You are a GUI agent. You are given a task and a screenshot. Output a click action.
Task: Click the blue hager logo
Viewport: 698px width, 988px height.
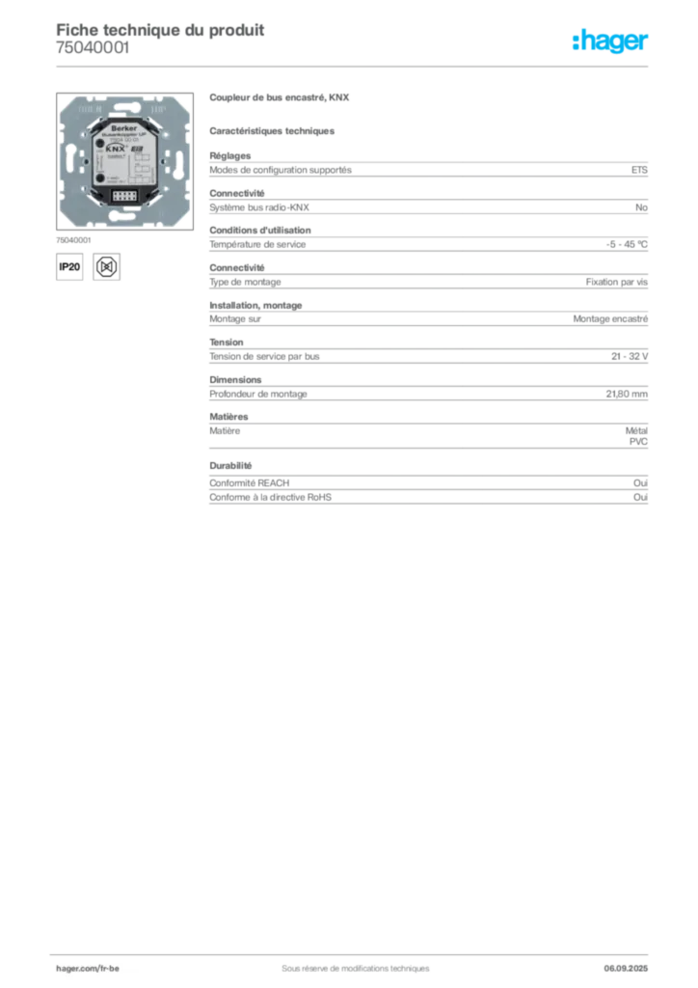click(611, 41)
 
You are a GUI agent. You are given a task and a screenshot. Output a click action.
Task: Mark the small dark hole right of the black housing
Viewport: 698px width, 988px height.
click(164, 165)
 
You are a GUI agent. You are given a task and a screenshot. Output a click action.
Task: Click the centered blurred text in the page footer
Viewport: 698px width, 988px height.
click(347, 961)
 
